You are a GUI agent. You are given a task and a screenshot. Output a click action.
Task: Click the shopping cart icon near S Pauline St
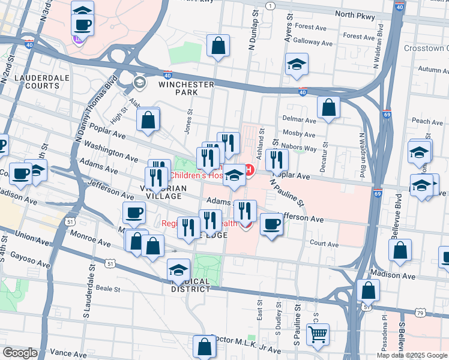(318, 334)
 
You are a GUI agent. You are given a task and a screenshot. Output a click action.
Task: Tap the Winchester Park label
(186, 89)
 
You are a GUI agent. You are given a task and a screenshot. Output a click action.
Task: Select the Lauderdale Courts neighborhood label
(37, 82)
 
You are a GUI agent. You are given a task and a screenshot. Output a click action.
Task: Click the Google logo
(19, 353)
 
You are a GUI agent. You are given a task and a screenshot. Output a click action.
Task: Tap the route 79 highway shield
(421, 312)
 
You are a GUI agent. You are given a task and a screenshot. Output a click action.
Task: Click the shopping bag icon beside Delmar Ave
(328, 108)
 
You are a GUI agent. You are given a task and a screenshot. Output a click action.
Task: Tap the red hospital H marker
(248, 171)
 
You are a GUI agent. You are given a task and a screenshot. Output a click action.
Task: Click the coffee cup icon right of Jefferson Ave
(271, 224)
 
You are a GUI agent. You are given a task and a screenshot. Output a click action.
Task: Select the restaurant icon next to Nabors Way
(276, 160)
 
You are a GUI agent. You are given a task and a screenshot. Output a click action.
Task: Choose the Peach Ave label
(427, 122)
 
